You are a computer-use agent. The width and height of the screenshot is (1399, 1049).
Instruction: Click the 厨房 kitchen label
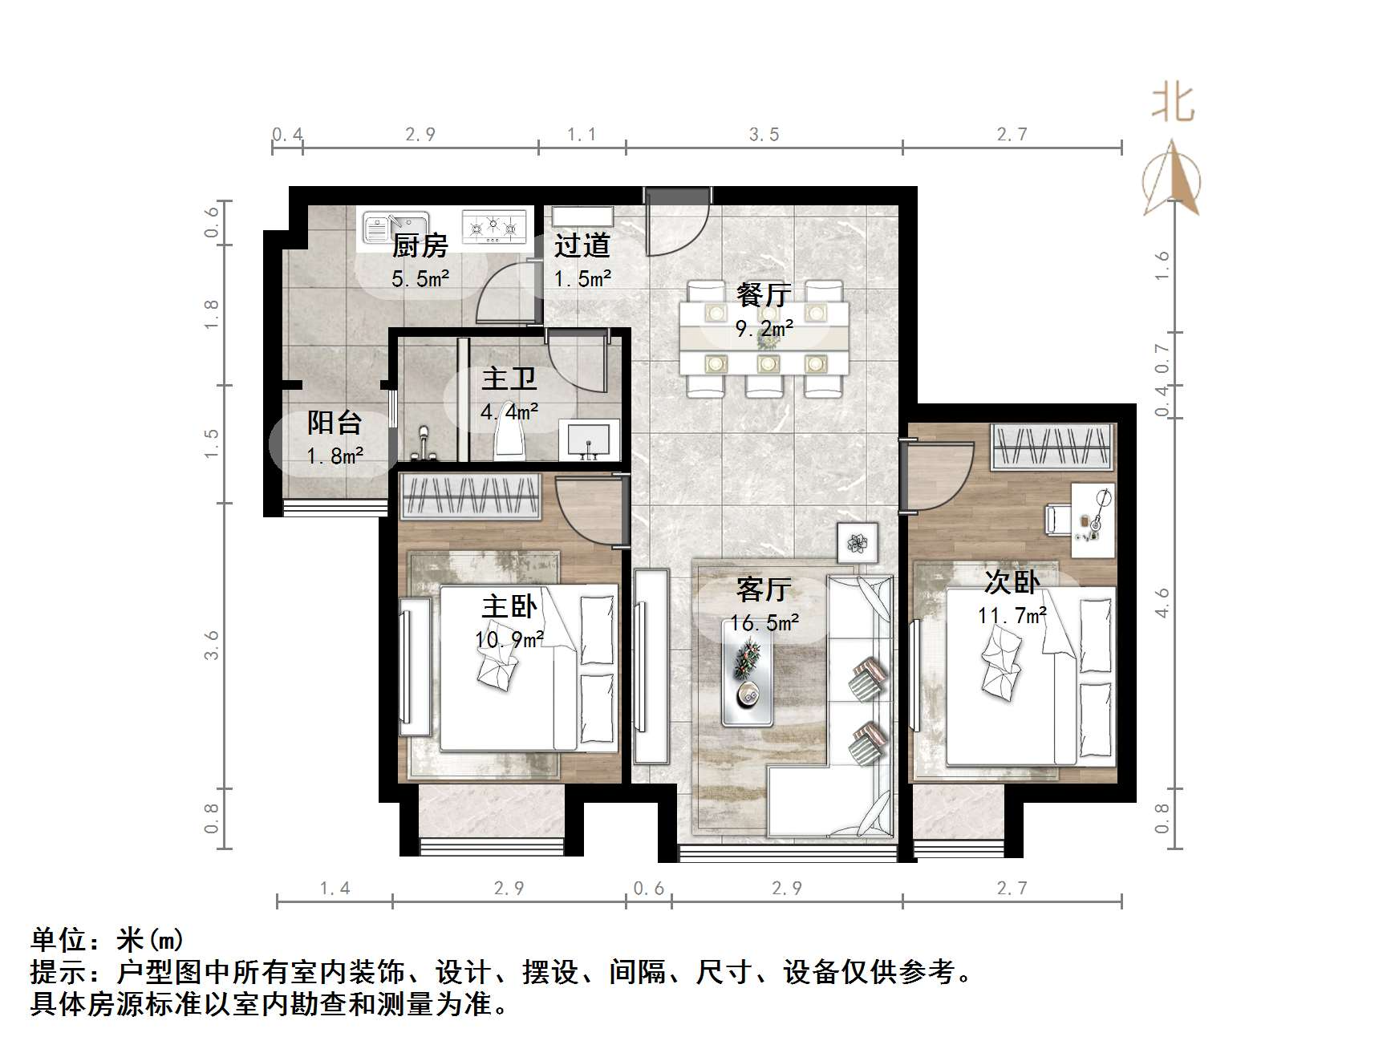point(420,246)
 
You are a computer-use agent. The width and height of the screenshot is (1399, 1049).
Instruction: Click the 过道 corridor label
point(582,246)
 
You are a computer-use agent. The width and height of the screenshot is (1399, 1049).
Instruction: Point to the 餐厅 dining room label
point(763,295)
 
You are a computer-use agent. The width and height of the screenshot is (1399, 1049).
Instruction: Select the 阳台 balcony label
point(335,423)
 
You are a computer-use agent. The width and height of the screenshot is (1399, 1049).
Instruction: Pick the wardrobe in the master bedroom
point(471,495)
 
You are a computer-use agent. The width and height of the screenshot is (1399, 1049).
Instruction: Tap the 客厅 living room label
point(763,590)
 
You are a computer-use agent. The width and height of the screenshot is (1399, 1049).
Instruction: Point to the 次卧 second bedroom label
point(1012,582)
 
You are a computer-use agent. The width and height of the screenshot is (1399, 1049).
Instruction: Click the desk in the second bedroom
point(1093,520)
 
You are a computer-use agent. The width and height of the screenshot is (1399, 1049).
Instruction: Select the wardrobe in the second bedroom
point(1052,446)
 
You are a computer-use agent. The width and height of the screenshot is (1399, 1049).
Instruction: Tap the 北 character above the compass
point(1173,104)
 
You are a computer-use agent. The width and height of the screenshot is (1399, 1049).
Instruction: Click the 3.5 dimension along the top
point(764,135)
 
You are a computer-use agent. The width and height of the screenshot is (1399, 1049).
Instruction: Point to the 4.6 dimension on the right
point(1162,602)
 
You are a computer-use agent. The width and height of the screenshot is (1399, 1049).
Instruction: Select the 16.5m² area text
point(764,623)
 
